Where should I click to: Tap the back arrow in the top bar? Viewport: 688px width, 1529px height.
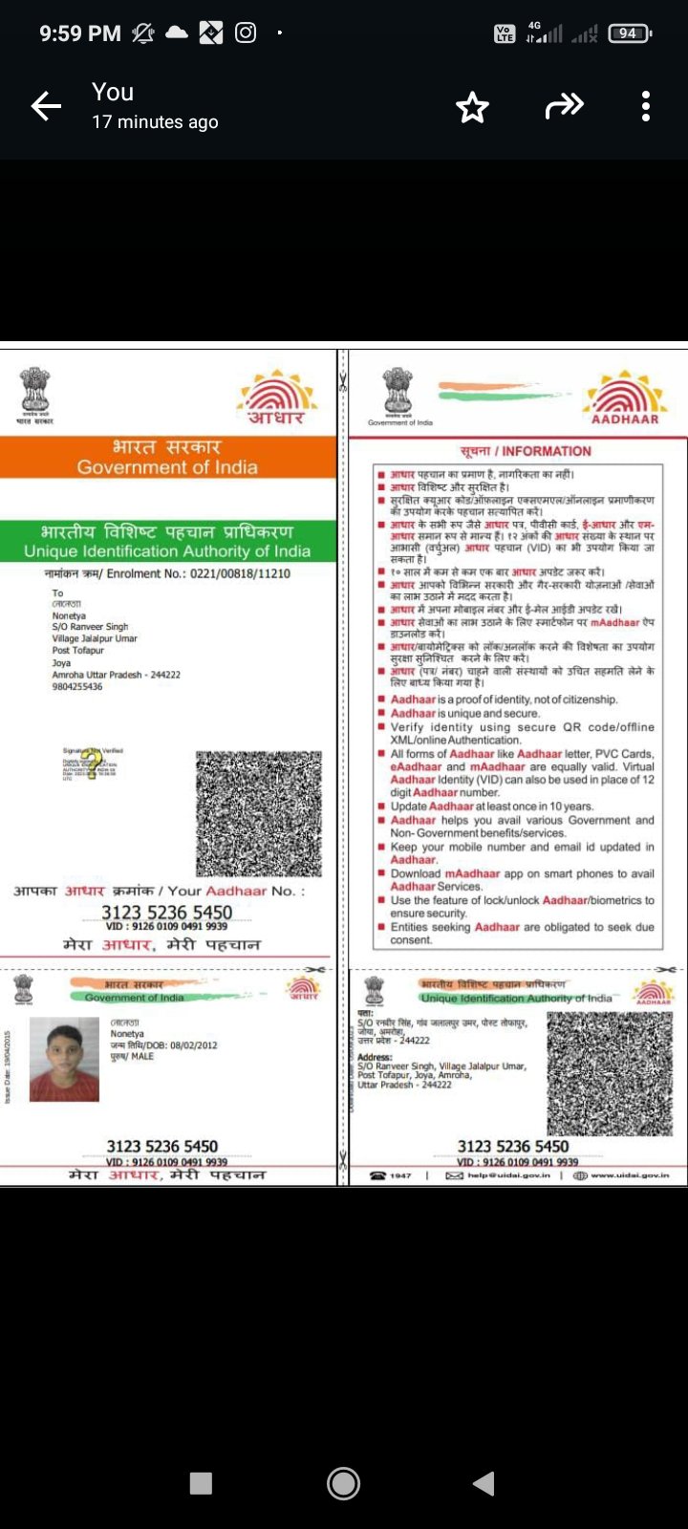pyautogui.click(x=46, y=106)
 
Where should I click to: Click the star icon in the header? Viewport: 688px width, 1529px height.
pyautogui.click(x=472, y=107)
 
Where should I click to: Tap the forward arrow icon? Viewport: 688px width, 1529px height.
pyautogui.click(x=564, y=106)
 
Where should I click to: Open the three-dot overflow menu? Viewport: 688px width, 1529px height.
pyautogui.click(x=646, y=106)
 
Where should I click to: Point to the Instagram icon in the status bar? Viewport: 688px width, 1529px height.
pyautogui.click(x=246, y=32)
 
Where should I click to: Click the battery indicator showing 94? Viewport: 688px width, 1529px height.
pyautogui.click(x=629, y=33)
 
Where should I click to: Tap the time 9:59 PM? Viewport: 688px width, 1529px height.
pyautogui.click(x=80, y=33)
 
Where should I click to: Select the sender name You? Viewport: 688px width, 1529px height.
pyautogui.click(x=113, y=92)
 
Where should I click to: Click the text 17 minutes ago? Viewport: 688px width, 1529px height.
pyautogui.click(x=155, y=121)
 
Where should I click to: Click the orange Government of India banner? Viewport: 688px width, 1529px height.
pyautogui.click(x=167, y=457)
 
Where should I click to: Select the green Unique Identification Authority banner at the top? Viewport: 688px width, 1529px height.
pyautogui.click(x=167, y=541)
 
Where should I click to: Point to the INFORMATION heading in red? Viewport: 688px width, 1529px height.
pyautogui.click(x=526, y=451)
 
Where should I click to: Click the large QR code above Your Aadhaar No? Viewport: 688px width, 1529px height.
pyautogui.click(x=259, y=813)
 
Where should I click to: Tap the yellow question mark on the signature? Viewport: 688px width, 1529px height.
pyautogui.click(x=92, y=764)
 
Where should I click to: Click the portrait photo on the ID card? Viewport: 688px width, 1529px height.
pyautogui.click(x=64, y=1059)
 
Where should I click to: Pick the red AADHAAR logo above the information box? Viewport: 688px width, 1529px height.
pyautogui.click(x=625, y=398)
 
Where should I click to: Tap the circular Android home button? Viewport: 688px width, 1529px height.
pyautogui.click(x=343, y=1483)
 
